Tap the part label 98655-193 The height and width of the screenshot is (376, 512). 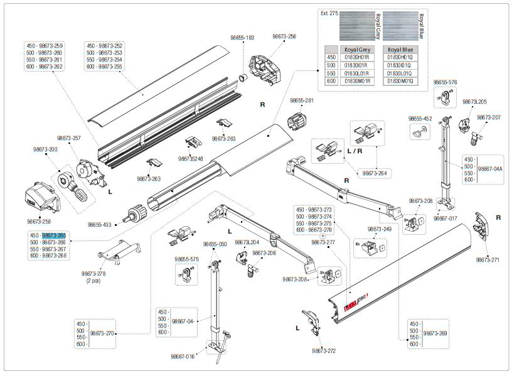point(241,38)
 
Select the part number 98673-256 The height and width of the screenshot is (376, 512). point(284,37)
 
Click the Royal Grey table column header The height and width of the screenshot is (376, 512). point(356,49)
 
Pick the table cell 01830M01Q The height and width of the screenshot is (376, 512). point(400,80)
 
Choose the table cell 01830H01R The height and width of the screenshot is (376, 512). point(356,57)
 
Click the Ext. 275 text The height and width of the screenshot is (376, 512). point(329,13)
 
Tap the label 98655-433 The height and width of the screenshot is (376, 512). point(100,224)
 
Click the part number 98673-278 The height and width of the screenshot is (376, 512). point(93,274)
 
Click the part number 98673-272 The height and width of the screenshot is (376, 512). point(324,350)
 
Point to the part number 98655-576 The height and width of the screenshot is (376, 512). point(445,82)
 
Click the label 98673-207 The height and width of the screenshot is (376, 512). point(488,117)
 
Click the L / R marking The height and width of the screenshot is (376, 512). point(355,152)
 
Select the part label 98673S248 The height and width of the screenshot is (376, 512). point(191,158)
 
